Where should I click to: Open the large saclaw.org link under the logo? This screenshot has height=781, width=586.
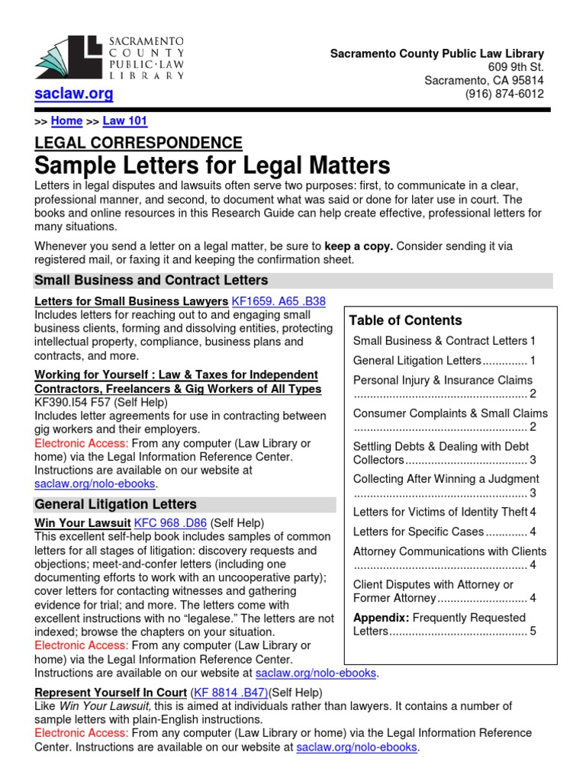[74, 94]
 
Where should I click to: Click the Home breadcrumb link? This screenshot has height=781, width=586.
[66, 121]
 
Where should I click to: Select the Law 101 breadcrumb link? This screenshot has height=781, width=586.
[125, 121]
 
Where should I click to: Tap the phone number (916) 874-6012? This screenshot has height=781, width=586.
[504, 95]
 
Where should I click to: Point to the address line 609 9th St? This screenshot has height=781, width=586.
[516, 67]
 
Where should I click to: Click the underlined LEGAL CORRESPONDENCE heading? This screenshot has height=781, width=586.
[138, 143]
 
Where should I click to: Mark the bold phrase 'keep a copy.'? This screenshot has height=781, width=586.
[359, 246]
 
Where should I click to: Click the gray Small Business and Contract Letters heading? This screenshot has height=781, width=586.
[151, 280]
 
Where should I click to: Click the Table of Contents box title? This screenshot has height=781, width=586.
[405, 320]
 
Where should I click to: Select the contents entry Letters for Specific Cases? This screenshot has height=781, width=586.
[418, 532]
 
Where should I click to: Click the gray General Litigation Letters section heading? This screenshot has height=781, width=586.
[115, 504]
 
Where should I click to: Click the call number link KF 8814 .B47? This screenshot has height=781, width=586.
[230, 693]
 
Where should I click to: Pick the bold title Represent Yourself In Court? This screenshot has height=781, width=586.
[110, 693]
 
